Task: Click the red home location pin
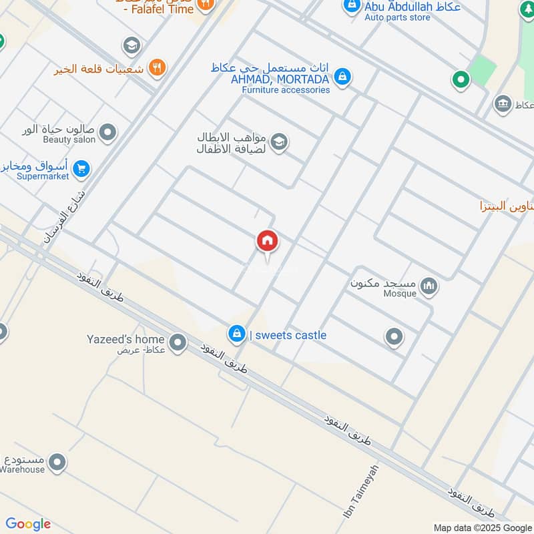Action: tap(267, 241)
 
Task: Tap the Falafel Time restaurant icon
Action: tap(206, 4)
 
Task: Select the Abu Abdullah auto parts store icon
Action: tap(351, 6)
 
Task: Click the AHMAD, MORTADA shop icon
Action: tap(342, 76)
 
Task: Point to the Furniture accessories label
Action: tap(286, 89)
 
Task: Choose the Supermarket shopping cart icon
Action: tap(81, 168)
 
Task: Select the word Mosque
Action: tap(400, 293)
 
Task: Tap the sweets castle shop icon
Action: tap(236, 334)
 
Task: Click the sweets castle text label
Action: tap(288, 335)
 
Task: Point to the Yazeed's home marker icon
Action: tap(178, 343)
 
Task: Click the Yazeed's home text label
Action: tap(125, 339)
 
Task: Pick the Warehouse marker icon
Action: tap(57, 461)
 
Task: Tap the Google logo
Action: tap(28, 524)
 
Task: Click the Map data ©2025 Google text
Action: tap(482, 527)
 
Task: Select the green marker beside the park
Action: tap(460, 80)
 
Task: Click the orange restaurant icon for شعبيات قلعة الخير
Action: tap(158, 67)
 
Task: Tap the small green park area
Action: tap(483, 69)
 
